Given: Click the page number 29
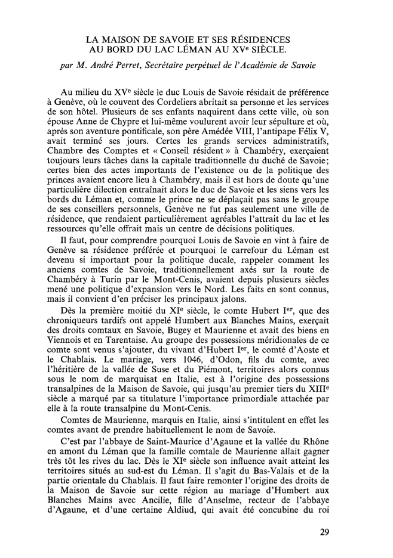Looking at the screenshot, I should [324, 533].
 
